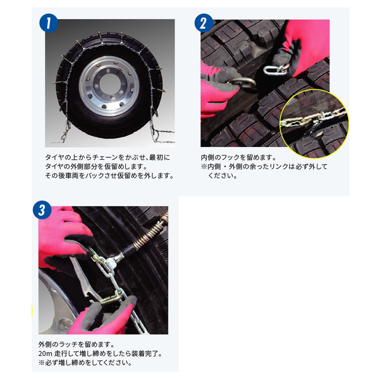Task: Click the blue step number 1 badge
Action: pos(48,24)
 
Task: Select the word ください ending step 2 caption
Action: pos(222,175)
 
